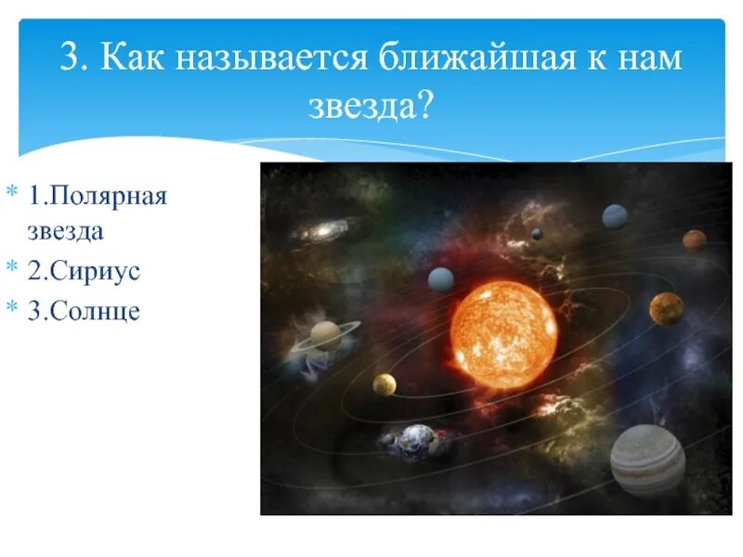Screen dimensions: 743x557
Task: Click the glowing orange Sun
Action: (x=503, y=334)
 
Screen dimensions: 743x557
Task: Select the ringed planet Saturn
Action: (x=326, y=335)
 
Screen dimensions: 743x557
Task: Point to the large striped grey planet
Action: (x=647, y=460)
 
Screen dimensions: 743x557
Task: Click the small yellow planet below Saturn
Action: (x=385, y=384)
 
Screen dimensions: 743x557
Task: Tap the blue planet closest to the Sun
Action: (x=441, y=279)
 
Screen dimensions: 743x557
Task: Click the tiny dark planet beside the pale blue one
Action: (x=537, y=234)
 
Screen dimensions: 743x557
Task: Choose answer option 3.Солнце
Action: (x=84, y=311)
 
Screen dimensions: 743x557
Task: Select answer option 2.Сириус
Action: (x=84, y=271)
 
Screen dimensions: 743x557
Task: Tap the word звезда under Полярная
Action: (x=65, y=231)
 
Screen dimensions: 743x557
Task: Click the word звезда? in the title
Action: (x=370, y=105)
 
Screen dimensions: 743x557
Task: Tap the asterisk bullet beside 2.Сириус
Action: (x=12, y=266)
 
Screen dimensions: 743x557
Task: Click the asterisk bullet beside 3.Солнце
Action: (x=12, y=306)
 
